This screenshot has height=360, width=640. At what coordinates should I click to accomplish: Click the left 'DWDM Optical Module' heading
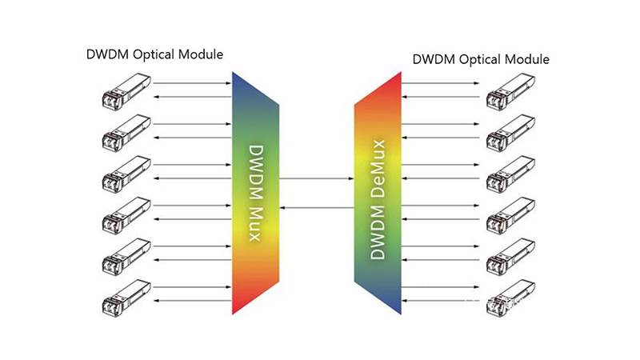(x=154, y=54)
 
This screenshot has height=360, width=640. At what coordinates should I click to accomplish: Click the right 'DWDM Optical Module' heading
(x=481, y=59)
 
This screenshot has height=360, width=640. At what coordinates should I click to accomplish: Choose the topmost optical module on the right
(x=512, y=90)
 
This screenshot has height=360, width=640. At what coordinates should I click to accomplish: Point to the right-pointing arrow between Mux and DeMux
(x=318, y=178)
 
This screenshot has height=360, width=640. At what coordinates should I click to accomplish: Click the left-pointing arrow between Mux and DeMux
(x=318, y=206)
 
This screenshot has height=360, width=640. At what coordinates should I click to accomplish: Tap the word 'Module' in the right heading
(x=529, y=59)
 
